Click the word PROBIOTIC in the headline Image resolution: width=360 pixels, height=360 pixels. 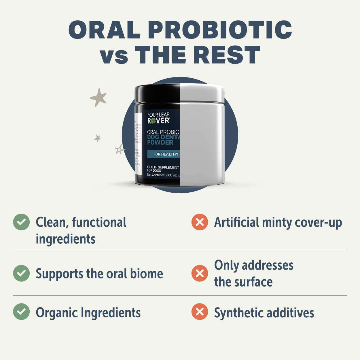(220, 30)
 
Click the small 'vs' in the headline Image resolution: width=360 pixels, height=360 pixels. (114, 56)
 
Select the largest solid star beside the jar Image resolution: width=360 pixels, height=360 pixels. (98, 97)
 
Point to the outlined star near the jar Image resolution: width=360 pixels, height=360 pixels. (119, 149)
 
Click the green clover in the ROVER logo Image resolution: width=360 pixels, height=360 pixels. (154, 121)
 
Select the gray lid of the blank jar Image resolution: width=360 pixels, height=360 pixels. (202, 93)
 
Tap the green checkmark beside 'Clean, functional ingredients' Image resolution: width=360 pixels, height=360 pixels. (21, 222)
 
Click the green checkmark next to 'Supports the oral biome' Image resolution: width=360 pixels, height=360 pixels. (21, 273)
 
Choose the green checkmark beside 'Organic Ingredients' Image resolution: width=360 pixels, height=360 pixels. (21, 312)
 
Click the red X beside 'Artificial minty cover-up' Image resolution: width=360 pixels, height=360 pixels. (200, 222)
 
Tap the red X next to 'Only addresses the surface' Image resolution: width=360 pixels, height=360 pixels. (200, 273)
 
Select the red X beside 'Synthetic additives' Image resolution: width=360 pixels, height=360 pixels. (200, 312)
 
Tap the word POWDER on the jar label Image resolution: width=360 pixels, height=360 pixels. (160, 142)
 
